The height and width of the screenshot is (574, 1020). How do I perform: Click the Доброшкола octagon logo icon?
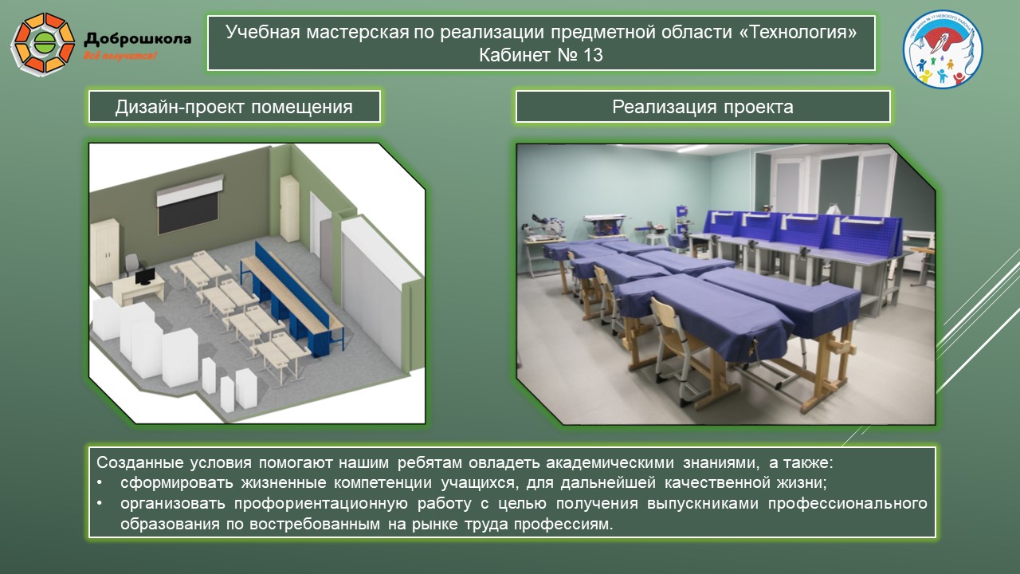44,42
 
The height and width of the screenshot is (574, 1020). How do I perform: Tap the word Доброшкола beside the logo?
137,37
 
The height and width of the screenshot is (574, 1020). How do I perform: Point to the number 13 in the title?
591,55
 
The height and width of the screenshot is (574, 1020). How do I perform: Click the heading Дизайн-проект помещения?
234,107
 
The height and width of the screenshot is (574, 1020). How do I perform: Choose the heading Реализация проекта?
702,107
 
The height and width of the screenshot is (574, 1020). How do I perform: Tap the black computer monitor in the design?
145,277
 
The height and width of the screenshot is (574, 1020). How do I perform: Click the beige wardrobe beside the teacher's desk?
105,249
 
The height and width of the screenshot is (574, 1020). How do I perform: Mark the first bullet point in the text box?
100,483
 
